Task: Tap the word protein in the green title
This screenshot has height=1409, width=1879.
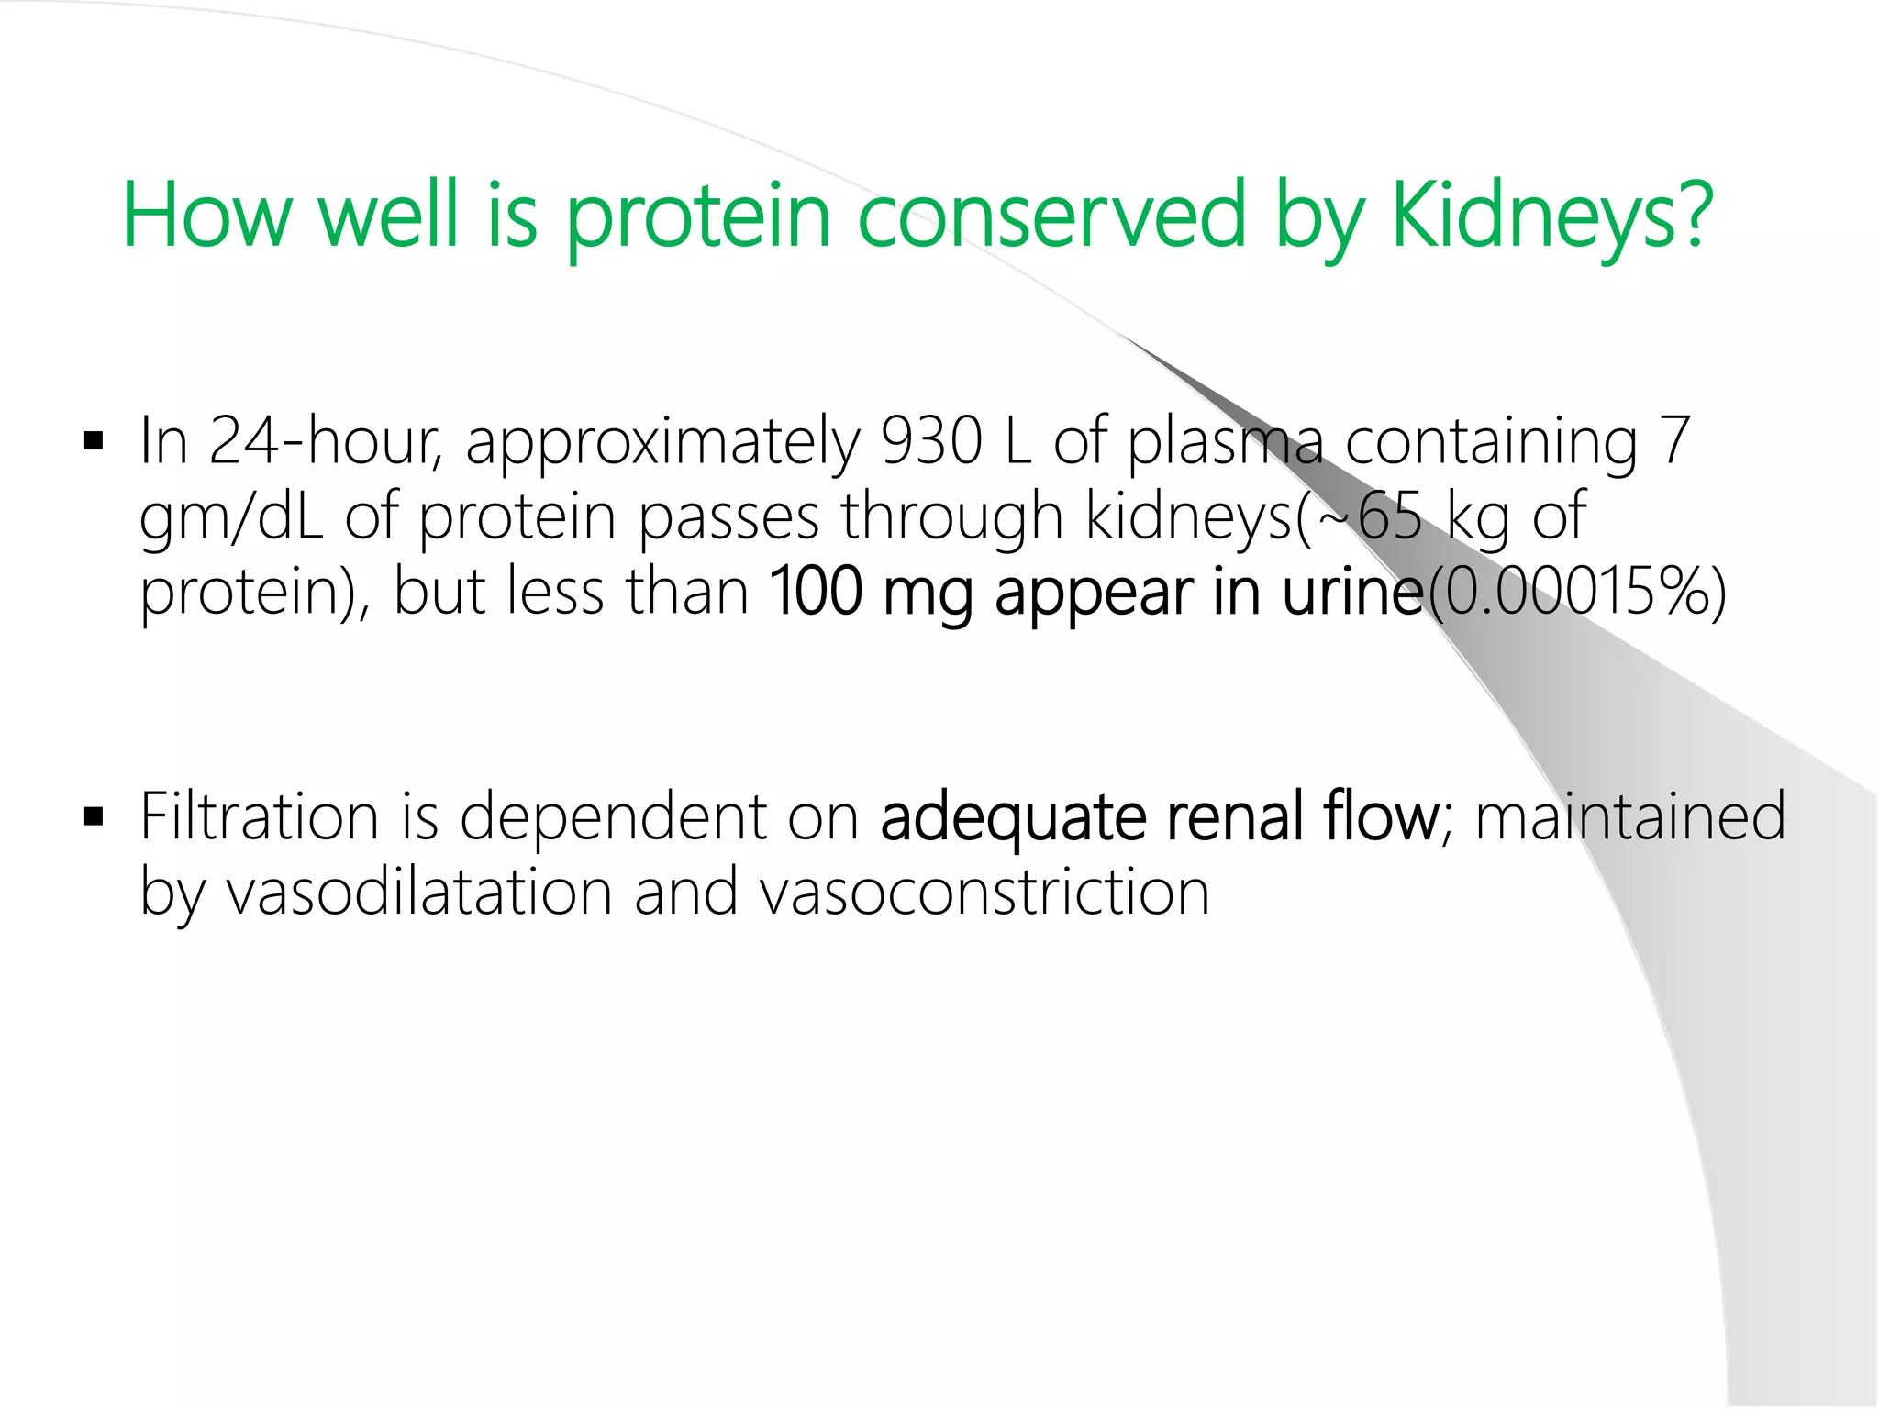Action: (x=697, y=216)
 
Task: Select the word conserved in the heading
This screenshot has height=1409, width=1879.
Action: (x=1051, y=216)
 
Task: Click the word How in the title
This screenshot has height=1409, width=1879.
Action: (x=207, y=216)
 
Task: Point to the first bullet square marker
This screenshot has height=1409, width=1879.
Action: (x=94, y=442)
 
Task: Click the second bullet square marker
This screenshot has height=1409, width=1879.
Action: (x=94, y=816)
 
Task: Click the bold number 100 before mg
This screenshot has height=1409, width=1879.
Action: (x=815, y=593)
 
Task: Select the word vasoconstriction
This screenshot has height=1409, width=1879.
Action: (x=984, y=892)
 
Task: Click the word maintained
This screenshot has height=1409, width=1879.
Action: (x=1629, y=816)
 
